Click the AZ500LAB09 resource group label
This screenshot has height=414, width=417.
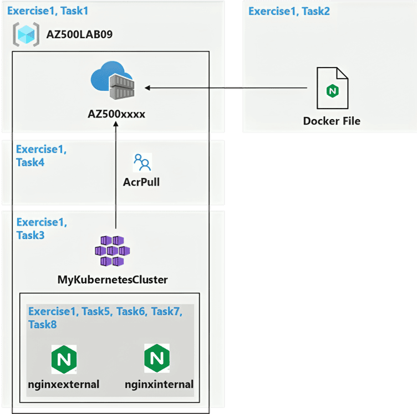[80, 36]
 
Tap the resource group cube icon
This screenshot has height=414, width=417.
[25, 35]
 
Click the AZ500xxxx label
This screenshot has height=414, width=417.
[116, 114]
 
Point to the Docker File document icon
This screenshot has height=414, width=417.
[332, 89]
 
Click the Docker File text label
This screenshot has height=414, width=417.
[332, 121]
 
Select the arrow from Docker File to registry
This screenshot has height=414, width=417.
[227, 88]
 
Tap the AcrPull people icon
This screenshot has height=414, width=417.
[142, 162]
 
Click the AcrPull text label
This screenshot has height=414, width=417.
[141, 181]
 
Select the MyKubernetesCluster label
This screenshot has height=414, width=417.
[113, 280]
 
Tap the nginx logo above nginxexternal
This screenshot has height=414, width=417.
[64, 359]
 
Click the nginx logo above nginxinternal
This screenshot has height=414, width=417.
[157, 358]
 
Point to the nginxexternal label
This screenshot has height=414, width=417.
[63, 384]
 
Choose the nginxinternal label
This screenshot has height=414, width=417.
[159, 384]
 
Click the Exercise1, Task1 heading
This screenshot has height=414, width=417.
[48, 11]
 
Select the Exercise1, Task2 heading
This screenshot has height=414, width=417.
[289, 11]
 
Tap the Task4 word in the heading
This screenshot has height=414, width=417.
[30, 163]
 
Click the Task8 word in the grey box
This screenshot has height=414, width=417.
[43, 324]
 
